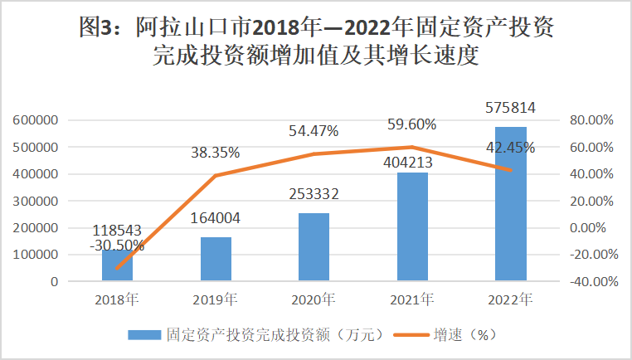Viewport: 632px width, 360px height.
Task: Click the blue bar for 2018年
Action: point(118,265)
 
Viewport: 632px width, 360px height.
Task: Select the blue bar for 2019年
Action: point(216,259)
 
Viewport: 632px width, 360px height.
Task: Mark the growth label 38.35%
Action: point(215,153)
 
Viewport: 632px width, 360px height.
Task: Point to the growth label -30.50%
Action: point(116,246)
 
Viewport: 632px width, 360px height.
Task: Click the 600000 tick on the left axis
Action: point(35,120)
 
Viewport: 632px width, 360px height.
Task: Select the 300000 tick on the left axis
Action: point(35,201)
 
